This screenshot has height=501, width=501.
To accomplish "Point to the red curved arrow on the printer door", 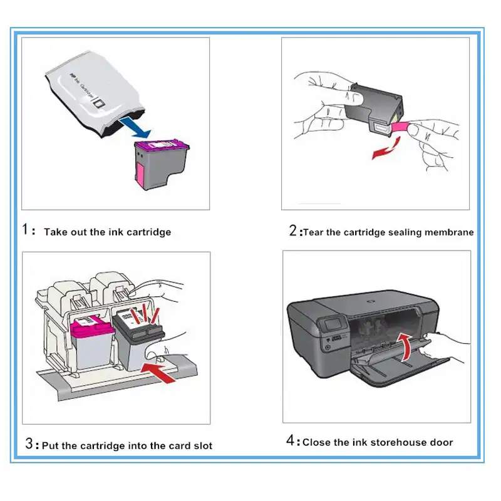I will click(x=406, y=346).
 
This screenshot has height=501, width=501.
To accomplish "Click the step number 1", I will click(x=27, y=230).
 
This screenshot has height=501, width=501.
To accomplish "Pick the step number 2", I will click(x=293, y=230).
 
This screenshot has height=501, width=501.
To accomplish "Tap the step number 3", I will click(x=29, y=445).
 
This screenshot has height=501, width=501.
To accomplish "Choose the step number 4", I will click(x=291, y=441).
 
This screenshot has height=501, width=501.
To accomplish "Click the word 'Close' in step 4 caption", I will click(x=318, y=442).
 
